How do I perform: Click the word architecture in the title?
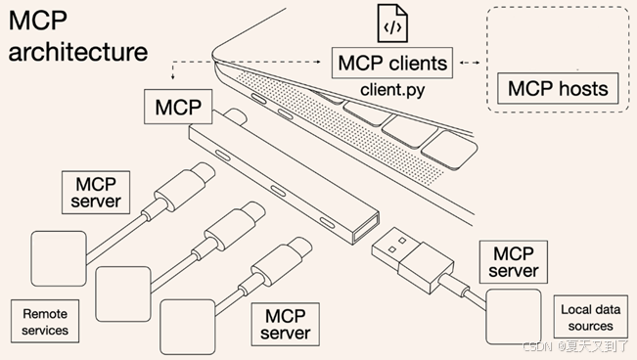tap(78, 52)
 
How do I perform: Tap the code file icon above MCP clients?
tap(392, 23)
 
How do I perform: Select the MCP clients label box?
tap(392, 63)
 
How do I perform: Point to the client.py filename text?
tap(392, 90)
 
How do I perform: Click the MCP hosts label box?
tap(558, 89)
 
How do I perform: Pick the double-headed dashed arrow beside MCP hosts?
tap(470, 63)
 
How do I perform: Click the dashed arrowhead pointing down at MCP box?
tap(172, 77)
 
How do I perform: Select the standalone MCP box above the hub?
tap(178, 107)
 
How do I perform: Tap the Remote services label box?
tap(45, 322)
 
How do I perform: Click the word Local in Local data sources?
tap(574, 309)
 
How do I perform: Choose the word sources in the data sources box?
tap(590, 326)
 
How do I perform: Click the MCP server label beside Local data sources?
tap(514, 262)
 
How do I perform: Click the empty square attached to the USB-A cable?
tap(514, 317)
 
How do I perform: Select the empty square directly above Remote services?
tap(59, 259)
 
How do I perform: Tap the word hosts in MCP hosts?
tap(583, 89)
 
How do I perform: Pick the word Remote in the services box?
tap(45, 314)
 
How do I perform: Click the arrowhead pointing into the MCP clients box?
tap(318, 62)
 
